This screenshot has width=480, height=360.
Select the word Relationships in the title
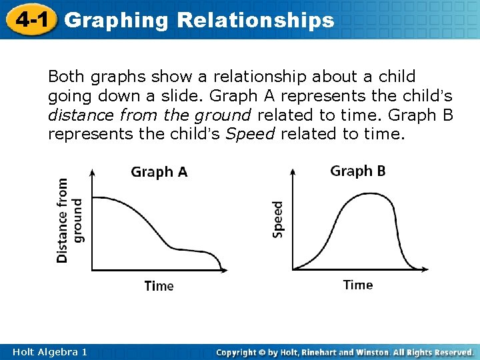point(255,20)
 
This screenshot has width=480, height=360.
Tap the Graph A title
point(159,172)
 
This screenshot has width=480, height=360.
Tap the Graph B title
point(358,171)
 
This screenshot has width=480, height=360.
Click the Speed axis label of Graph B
point(278,219)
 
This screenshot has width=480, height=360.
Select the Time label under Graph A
point(159,286)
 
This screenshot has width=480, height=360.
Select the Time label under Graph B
point(358,285)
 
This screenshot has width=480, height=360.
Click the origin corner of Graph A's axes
point(91,270)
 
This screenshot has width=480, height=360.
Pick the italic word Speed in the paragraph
point(251,134)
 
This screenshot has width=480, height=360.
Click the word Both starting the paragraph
point(65,77)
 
